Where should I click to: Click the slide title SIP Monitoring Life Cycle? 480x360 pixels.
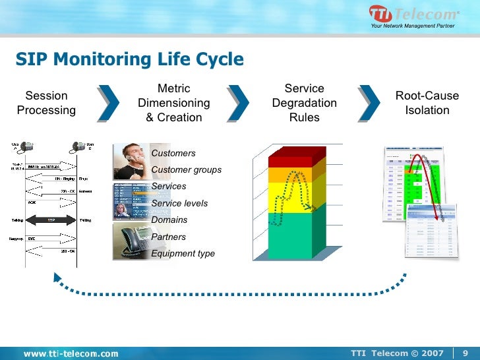[x=130, y=60]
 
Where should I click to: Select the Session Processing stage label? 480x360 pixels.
[x=46, y=103]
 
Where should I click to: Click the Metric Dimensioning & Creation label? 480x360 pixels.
[x=174, y=103]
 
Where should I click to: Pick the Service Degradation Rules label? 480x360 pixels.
[x=304, y=103]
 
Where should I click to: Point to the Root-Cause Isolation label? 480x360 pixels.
[x=427, y=103]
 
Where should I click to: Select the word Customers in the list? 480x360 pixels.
[x=173, y=153]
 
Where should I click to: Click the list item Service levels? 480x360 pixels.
[x=179, y=203]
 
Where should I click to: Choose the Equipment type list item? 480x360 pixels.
[x=183, y=253]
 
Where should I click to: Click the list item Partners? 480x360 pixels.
[x=169, y=237]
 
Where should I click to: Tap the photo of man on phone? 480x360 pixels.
[x=132, y=161]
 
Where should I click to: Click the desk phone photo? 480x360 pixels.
[x=132, y=241]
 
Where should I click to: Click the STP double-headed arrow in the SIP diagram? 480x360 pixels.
[x=50, y=220]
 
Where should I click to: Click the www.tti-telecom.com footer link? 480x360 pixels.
[x=71, y=353]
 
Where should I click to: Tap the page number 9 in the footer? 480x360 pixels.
[x=465, y=353]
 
